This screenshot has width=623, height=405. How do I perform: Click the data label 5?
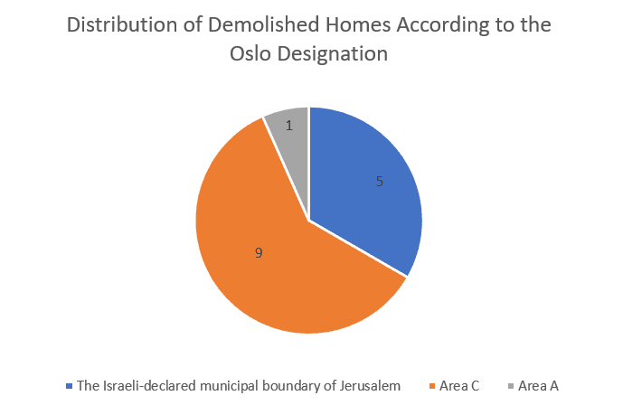click(x=380, y=182)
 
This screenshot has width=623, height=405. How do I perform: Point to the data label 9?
click(x=259, y=252)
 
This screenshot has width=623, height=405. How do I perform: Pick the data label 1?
click(x=289, y=126)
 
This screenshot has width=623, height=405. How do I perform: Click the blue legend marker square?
click(x=70, y=386)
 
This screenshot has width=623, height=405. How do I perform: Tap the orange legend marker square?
click(x=433, y=386)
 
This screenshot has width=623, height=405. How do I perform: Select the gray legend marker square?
click(x=511, y=386)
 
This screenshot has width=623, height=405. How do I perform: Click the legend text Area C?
click(x=459, y=386)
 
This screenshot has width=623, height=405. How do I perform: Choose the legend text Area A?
click(x=538, y=386)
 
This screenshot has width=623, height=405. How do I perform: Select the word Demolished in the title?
click(x=264, y=24)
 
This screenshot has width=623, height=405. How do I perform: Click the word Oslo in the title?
click(x=250, y=53)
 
